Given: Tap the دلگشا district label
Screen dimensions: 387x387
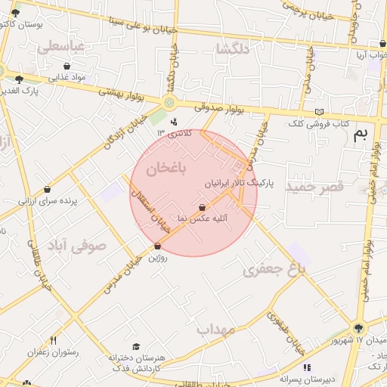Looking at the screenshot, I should point(232,50).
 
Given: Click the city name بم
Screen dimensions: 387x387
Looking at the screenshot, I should point(362,135).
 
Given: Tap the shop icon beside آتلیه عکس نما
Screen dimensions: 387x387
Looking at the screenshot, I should point(202,206).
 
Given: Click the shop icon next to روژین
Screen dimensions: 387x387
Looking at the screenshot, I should point(157,246).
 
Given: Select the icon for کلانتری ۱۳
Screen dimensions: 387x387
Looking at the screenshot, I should point(175,121).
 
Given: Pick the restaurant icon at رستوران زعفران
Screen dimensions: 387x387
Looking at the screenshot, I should point(52,340).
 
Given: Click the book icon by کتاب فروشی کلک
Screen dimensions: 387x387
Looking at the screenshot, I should point(318,112).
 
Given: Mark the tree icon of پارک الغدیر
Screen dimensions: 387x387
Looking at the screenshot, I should point(19,79).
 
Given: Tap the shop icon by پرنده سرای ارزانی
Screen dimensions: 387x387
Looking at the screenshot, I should point(48,190).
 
